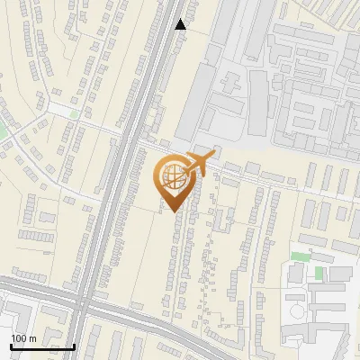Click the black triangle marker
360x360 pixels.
click(181, 24)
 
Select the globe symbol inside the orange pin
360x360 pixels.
click(171, 177)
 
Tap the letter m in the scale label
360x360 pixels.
click(32, 338)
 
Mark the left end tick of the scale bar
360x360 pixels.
click(10, 346)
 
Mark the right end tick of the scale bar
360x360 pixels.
click(74, 346)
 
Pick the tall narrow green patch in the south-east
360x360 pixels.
click(319, 271)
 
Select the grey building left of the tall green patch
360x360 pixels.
click(299, 273)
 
